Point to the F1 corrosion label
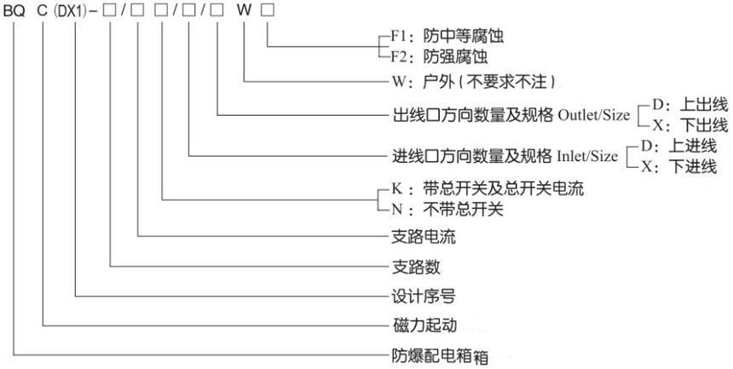[447, 36]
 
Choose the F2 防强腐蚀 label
[440, 57]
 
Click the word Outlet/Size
[594, 115]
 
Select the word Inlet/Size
[587, 156]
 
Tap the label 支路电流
[423, 237]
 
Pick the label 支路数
[415, 267]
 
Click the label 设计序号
[423, 296]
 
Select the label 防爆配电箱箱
[440, 356]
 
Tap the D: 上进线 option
[678, 147]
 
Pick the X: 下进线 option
[678, 166]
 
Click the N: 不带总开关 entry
[447, 210]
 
